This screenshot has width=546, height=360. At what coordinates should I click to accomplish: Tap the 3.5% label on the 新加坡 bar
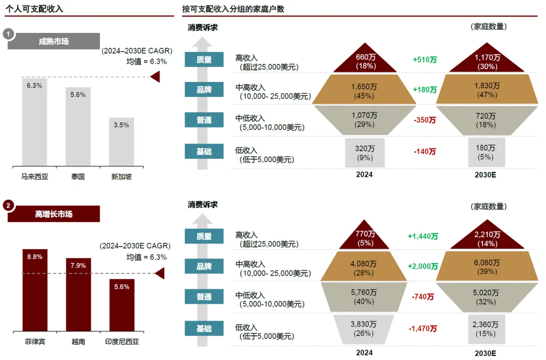click(121, 125)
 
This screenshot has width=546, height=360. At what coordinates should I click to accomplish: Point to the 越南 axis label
click(78, 342)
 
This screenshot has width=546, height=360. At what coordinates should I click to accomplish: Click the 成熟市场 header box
click(54, 41)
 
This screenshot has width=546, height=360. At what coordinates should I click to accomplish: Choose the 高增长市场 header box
click(54, 214)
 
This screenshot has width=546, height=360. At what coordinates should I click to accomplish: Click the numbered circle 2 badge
click(8, 205)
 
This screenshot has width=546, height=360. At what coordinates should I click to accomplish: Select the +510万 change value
click(425, 60)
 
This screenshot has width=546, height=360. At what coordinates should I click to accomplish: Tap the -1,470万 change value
click(423, 329)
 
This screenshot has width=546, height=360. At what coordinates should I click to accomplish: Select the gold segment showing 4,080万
click(364, 267)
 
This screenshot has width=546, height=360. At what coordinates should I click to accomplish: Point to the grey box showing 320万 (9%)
click(365, 153)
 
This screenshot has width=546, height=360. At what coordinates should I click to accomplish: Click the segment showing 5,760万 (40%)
click(364, 297)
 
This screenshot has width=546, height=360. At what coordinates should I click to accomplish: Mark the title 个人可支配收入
click(34, 9)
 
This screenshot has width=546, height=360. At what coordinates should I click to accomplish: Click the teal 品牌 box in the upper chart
click(204, 91)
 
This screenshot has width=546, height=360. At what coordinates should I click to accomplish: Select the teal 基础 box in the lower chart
click(204, 329)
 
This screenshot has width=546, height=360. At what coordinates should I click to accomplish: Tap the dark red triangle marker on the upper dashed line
click(156, 77)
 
